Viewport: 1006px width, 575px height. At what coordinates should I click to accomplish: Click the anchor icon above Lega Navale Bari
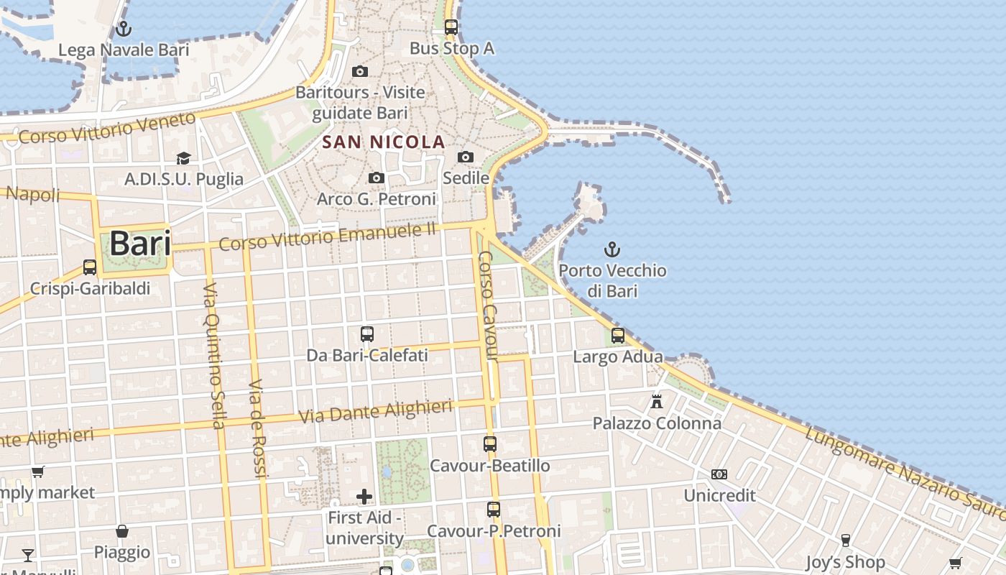(x=124, y=29)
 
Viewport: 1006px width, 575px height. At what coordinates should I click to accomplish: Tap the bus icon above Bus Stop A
(x=451, y=27)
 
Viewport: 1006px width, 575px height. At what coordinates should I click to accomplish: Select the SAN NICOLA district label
(x=384, y=142)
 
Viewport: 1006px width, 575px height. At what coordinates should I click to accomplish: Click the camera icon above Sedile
(x=466, y=157)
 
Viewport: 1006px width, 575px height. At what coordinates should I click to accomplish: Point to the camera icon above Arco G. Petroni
(x=376, y=178)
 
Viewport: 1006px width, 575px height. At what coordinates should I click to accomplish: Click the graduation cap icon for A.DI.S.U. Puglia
(x=184, y=158)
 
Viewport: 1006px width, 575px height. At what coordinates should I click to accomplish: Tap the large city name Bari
(x=140, y=244)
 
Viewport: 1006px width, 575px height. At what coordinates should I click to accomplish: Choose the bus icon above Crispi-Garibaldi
(x=90, y=267)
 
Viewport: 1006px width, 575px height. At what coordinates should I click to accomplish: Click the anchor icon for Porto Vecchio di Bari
(x=612, y=250)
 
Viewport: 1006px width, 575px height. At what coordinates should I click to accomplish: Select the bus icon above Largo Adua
(x=618, y=336)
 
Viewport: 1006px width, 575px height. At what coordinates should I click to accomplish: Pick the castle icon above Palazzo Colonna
(x=657, y=402)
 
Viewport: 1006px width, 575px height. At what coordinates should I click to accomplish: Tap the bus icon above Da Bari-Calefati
(x=367, y=334)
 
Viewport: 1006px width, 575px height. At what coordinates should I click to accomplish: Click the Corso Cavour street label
(x=488, y=305)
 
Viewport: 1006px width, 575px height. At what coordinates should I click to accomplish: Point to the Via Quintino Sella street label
(x=215, y=356)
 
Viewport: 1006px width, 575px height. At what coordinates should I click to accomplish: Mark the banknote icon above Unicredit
(x=719, y=474)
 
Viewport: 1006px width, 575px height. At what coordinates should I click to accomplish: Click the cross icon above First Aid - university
(x=364, y=497)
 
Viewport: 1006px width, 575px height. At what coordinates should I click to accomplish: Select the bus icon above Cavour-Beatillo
(x=490, y=444)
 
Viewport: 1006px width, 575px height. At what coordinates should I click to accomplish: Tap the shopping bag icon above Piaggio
(x=122, y=531)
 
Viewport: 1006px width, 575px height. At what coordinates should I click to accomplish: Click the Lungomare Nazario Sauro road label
(x=902, y=465)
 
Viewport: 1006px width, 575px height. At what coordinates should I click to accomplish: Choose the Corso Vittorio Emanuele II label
(x=328, y=236)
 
